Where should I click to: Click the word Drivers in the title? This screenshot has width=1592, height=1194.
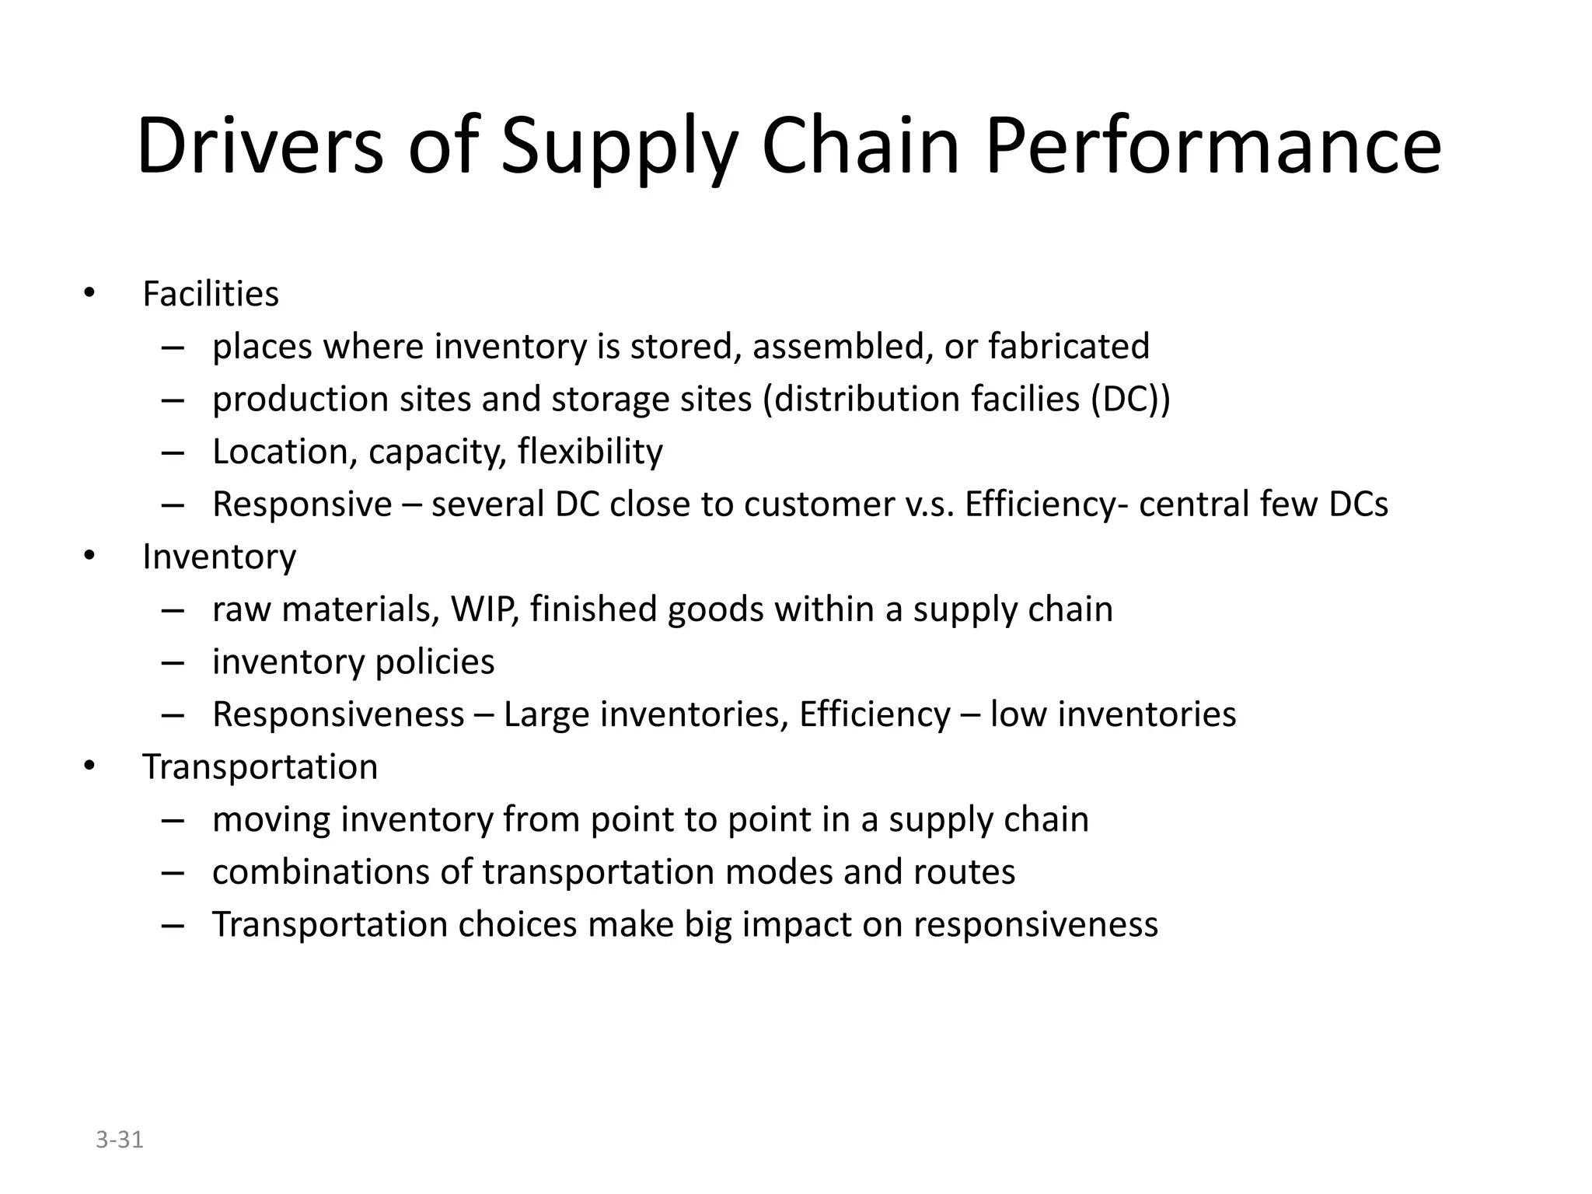click(x=260, y=146)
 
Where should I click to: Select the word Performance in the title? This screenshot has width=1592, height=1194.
click(x=1213, y=146)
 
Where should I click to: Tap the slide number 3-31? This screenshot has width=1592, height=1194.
click(x=120, y=1140)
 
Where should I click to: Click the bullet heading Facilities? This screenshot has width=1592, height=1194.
click(x=211, y=294)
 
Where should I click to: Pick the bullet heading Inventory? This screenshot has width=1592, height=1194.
click(x=219, y=557)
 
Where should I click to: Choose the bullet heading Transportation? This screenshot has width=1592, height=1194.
click(x=260, y=766)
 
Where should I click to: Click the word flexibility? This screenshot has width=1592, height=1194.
click(x=590, y=452)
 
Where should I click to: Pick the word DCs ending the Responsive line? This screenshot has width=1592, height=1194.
click(x=1358, y=504)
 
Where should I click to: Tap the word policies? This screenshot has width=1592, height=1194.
click(x=435, y=662)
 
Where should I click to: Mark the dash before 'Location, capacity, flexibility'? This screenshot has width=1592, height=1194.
click(x=173, y=452)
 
